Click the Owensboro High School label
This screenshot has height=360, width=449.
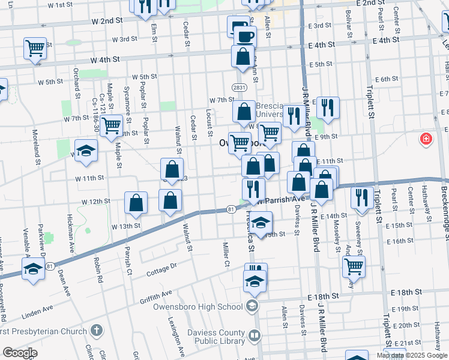205,307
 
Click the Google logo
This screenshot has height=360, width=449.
19,353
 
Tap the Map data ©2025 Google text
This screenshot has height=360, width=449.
412,355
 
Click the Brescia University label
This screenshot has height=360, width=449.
278,110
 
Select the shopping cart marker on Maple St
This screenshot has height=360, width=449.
112,126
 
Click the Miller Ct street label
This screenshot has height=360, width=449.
226,254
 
